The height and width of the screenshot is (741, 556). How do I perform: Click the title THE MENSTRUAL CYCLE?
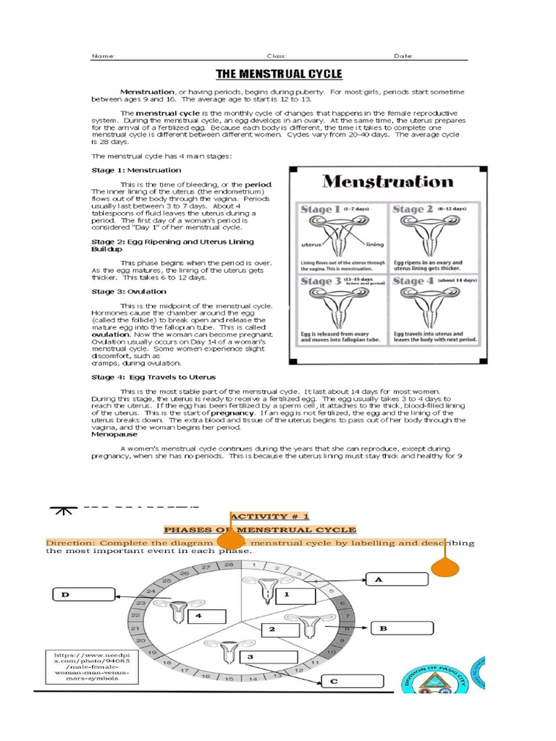(x=279, y=74)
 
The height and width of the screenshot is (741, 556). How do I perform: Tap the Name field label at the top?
(x=104, y=56)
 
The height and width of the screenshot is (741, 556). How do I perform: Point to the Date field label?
(x=403, y=56)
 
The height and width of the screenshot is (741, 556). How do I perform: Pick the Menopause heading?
(x=114, y=435)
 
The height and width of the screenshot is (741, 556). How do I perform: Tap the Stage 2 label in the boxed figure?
(x=413, y=209)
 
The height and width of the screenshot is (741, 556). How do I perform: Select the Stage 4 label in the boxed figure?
(x=413, y=280)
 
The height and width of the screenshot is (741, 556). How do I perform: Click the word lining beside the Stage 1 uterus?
(x=376, y=244)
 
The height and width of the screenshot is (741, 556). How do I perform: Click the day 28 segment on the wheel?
(x=229, y=564)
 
